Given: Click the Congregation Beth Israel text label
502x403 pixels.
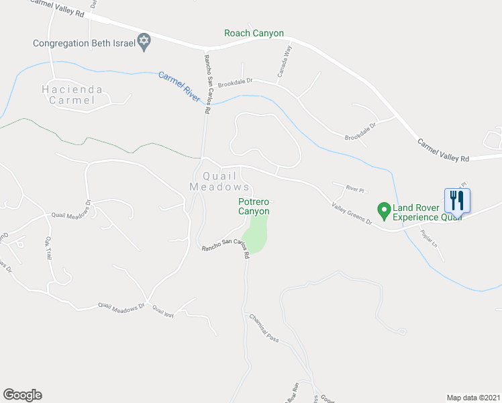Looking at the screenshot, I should [x=84, y=44].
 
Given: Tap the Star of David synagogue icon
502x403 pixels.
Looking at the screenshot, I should [x=143, y=42].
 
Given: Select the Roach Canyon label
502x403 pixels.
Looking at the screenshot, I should [x=254, y=33].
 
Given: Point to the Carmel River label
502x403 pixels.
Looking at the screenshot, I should [x=179, y=86].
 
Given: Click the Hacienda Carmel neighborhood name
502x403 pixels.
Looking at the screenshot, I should [x=72, y=95].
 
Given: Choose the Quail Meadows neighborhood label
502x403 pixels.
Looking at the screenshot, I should [x=220, y=181].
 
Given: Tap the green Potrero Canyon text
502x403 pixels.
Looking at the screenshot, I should [x=254, y=206].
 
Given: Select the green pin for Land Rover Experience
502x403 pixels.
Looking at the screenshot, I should [x=384, y=210].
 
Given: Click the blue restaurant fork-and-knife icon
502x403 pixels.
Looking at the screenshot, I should [x=457, y=199].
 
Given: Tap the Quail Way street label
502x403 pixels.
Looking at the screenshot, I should [x=162, y=310].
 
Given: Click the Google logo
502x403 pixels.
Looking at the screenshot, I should [x=22, y=395].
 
